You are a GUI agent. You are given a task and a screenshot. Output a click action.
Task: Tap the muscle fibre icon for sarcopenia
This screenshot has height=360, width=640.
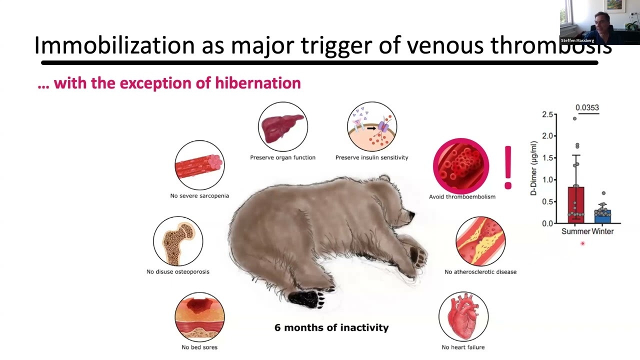(199, 165)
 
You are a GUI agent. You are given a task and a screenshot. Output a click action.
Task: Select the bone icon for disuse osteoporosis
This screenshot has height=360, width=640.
(178, 241)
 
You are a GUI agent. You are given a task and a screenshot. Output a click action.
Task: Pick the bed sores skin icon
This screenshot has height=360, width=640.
(199, 317)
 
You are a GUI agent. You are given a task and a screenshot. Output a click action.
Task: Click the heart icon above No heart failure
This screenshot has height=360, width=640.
(463, 317)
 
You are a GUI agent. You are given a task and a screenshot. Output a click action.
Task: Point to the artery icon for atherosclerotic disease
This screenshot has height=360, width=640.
(480, 241)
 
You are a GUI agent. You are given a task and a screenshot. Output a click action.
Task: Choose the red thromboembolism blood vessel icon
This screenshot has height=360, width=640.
(461, 166)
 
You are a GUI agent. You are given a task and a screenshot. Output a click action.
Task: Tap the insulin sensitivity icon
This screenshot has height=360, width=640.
(372, 126)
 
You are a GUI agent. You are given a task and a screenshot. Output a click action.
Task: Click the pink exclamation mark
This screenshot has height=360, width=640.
(508, 167)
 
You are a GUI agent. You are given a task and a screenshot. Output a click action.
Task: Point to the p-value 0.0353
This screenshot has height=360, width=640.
(587, 107)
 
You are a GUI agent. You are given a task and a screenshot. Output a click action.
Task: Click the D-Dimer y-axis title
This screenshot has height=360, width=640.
(534, 168)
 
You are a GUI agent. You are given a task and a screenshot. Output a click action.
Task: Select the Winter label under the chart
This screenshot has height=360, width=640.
(603, 231)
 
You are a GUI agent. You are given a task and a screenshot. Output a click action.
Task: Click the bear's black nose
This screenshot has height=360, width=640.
(411, 215)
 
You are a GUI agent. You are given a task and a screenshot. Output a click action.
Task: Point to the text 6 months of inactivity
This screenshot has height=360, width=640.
(331, 328)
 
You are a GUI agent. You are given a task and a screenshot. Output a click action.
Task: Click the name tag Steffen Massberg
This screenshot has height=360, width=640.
(577, 40)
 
